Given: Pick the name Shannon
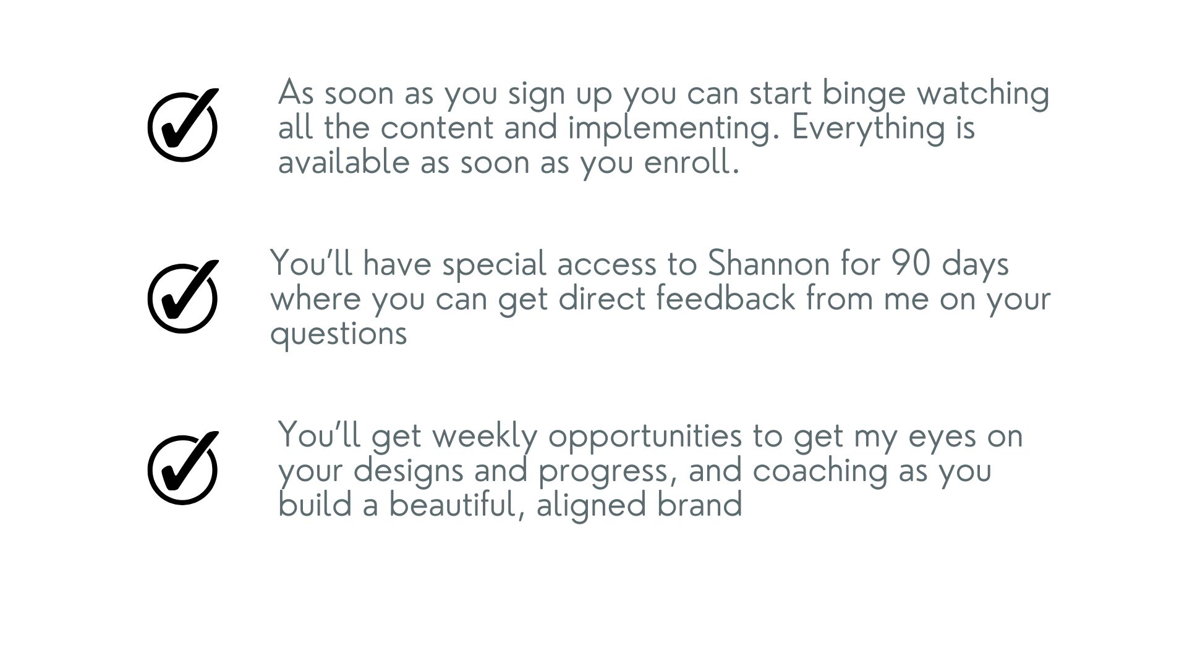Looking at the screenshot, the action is (x=768, y=264).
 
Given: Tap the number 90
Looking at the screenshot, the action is (x=911, y=264).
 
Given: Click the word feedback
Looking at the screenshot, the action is (x=725, y=298).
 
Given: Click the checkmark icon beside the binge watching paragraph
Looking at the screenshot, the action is (x=183, y=125).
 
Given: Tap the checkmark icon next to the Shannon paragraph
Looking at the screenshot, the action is (x=183, y=297).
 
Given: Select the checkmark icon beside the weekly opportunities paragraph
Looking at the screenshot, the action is (x=183, y=468).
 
